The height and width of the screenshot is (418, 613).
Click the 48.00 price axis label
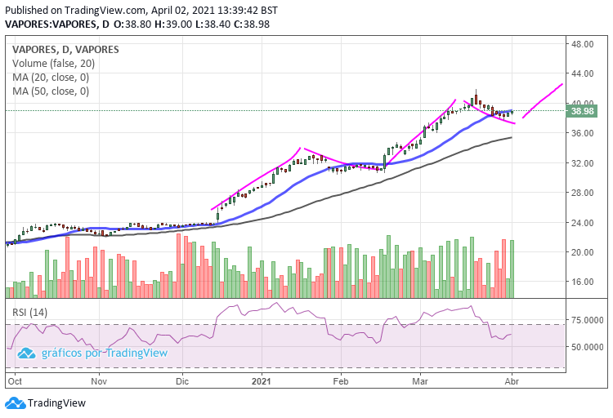pyautogui.click(x=582, y=44)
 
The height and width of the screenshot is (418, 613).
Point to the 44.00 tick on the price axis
pyautogui.click(x=582, y=73)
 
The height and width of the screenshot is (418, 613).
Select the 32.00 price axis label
pyautogui.click(x=582, y=162)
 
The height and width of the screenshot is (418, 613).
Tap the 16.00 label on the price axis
pyautogui.click(x=582, y=282)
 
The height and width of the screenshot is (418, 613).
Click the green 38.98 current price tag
pyautogui.click(x=583, y=111)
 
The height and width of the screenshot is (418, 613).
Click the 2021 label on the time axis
pyautogui.click(x=262, y=380)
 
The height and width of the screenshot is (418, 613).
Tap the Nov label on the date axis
pyautogui.click(x=99, y=380)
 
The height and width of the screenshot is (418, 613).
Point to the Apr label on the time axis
pyautogui.click(x=511, y=380)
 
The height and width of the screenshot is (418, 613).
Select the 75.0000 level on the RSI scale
pyautogui.click(x=585, y=321)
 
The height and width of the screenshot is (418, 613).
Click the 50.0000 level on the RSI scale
pyautogui.click(x=585, y=346)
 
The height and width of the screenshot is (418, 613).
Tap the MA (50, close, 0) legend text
pyautogui.click(x=51, y=91)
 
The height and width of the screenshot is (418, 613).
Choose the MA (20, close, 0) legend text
pyautogui.click(x=51, y=78)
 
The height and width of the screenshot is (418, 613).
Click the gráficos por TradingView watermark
pyautogui.click(x=93, y=353)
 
